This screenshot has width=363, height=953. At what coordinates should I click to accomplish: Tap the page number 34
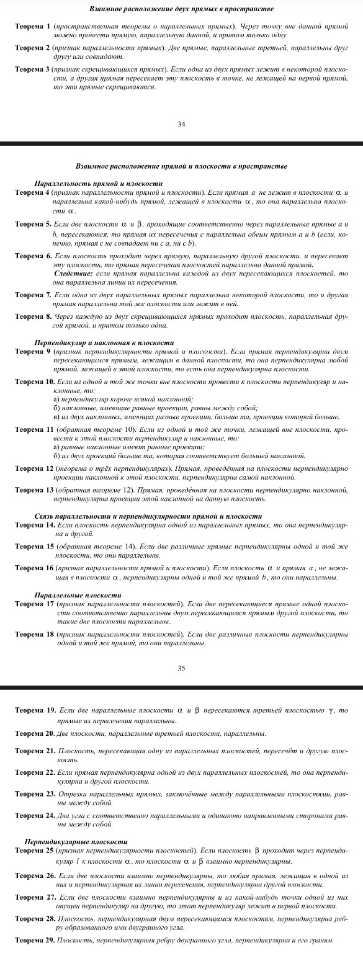(x=181, y=125)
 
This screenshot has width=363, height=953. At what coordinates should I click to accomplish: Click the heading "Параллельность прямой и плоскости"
(x=97, y=184)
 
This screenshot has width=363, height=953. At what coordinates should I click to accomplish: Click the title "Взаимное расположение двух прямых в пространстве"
(x=181, y=9)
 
